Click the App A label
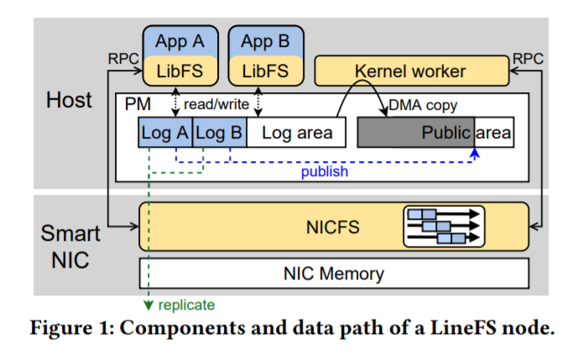[180, 41]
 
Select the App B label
[266, 41]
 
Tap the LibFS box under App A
[180, 70]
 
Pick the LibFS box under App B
[266, 70]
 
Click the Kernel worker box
[412, 70]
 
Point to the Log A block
[165, 133]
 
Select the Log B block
[220, 133]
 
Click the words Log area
[297, 133]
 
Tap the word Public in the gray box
[446, 133]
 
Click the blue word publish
[325, 172]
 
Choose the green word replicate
[186, 305]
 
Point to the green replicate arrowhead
[148, 305]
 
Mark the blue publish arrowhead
[475, 152]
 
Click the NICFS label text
[333, 227]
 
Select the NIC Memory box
[334, 274]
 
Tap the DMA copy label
[423, 106]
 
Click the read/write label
[216, 104]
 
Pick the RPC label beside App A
[123, 59]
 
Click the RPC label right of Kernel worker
[528, 59]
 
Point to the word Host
[69, 100]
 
